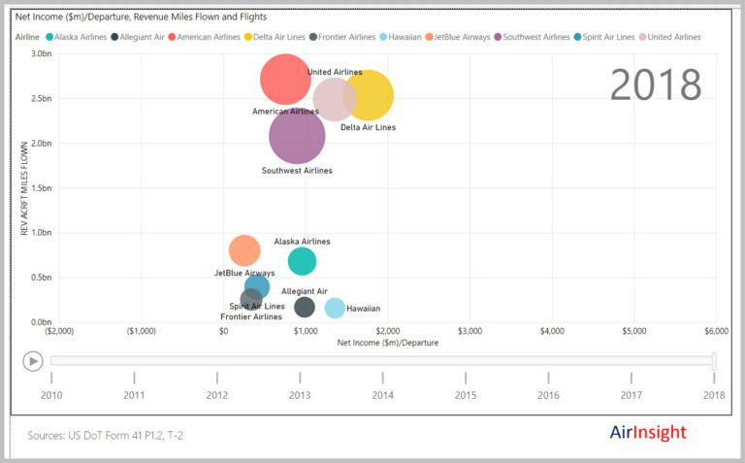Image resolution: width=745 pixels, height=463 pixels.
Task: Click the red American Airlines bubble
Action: [285, 80]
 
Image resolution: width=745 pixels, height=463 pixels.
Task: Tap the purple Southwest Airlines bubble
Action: [297, 136]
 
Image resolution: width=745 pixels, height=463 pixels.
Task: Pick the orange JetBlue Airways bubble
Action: [244, 250]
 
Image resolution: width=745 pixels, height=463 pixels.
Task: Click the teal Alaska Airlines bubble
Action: [302, 261]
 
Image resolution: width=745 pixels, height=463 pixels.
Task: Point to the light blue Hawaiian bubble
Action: [335, 308]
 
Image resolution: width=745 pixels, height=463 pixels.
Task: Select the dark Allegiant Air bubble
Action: [304, 307]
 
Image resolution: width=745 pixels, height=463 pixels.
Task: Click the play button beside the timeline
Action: [33, 362]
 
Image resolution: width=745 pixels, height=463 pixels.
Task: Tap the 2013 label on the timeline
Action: [300, 395]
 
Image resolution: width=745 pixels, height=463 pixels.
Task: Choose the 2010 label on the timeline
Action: [51, 395]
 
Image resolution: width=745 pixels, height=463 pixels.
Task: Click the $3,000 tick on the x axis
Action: [470, 331]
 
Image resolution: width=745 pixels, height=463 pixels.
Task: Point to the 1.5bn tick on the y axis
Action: [42, 187]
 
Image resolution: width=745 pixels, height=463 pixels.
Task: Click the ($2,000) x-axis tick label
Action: [59, 331]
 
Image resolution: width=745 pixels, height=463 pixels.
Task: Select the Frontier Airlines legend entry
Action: [342, 37]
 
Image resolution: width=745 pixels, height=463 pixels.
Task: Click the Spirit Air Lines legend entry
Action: [604, 37]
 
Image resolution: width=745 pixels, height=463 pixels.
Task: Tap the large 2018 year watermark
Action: [656, 84]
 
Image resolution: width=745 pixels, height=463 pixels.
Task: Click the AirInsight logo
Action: [648, 432]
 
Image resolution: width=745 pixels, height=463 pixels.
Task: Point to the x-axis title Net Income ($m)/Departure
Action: [388, 343]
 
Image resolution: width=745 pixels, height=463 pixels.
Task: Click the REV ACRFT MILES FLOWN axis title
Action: [24, 188]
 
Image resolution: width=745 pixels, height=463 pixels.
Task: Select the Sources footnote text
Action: [105, 435]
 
